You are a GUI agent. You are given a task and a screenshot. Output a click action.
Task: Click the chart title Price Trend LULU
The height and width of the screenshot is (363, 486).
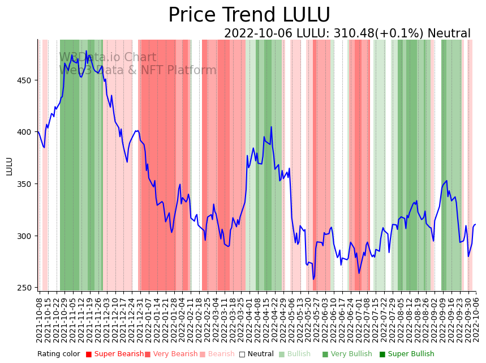249,15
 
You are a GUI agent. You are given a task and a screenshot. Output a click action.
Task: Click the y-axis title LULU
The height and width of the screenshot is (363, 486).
9,166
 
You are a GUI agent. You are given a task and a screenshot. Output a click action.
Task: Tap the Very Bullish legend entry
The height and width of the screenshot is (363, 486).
346,355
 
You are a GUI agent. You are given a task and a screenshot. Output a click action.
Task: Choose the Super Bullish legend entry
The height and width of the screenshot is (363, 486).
407,355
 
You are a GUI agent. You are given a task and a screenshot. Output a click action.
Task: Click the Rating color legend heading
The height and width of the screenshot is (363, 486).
59,355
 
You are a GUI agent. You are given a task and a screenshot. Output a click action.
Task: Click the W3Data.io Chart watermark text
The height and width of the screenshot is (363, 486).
107,57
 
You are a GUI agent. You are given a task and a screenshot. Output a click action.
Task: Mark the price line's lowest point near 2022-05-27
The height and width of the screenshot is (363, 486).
313,279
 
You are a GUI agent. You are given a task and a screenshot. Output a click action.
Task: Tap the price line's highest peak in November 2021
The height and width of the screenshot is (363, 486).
87,51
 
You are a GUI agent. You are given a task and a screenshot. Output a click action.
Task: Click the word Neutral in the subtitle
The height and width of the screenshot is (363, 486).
449,34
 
